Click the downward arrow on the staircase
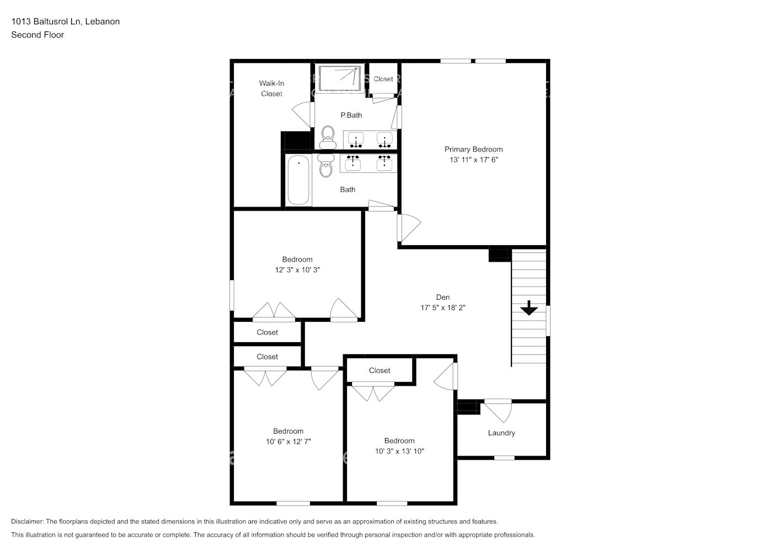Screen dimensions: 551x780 pos(529,308)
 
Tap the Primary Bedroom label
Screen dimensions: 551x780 pos(473,149)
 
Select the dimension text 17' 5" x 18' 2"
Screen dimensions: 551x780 pos(442,308)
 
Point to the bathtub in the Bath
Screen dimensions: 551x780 pos(298,180)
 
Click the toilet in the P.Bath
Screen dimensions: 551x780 pos(328,136)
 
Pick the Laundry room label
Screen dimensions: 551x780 pos(501,433)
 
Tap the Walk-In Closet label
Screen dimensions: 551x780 pos(271,89)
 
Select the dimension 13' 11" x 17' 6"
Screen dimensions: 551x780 pos(473,160)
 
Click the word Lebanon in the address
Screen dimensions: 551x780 pos(102,21)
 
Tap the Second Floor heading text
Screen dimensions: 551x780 pos(38,35)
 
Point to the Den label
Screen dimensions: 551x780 pos(442,298)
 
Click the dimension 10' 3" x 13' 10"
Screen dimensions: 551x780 pos(399,451)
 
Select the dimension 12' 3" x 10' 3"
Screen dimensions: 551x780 pos(297,270)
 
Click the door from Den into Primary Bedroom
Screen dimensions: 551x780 pos(408,226)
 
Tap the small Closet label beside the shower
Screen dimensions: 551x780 pos(383,79)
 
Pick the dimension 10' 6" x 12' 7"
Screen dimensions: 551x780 pos(288,442)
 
